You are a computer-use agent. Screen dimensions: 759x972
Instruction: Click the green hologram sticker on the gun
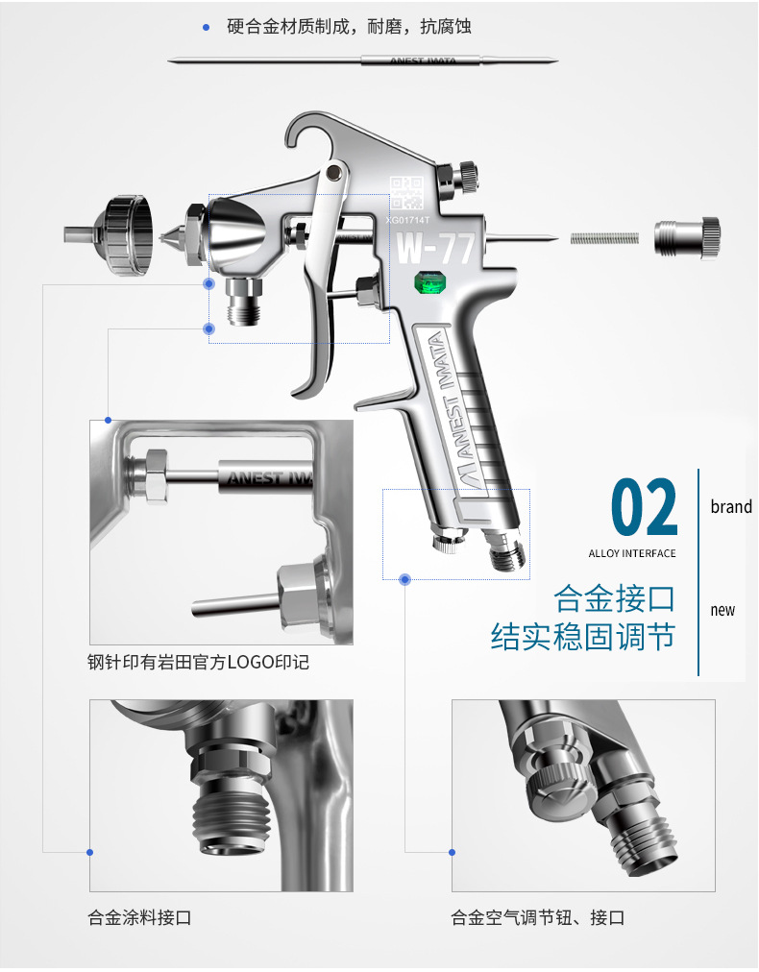click(x=433, y=283)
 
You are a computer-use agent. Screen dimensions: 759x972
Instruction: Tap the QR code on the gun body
click(x=406, y=193)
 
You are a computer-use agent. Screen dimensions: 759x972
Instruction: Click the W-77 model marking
click(x=434, y=248)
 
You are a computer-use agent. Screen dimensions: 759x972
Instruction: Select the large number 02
click(x=645, y=507)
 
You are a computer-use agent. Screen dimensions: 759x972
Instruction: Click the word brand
click(x=731, y=506)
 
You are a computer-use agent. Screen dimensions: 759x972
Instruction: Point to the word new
click(x=722, y=610)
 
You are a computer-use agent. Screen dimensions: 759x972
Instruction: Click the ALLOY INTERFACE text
click(x=632, y=553)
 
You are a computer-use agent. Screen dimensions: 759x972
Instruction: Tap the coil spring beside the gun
click(x=604, y=238)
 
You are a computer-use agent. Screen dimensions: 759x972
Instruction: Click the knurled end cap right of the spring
click(x=687, y=237)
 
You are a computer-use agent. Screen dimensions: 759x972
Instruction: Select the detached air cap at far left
click(x=110, y=235)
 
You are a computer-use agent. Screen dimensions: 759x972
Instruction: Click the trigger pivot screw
click(x=334, y=172)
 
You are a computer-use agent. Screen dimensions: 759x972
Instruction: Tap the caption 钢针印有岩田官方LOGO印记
click(x=199, y=662)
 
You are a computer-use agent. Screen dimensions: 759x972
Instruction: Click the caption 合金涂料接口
click(x=139, y=917)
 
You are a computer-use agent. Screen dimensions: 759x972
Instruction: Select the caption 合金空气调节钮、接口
click(x=538, y=917)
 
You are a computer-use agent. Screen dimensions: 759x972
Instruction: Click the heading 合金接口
click(x=614, y=598)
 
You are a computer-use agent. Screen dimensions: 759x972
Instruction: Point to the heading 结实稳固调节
click(x=583, y=637)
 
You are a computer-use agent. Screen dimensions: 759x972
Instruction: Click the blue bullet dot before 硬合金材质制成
click(x=207, y=27)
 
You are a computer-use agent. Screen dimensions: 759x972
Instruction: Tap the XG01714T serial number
click(x=407, y=219)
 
